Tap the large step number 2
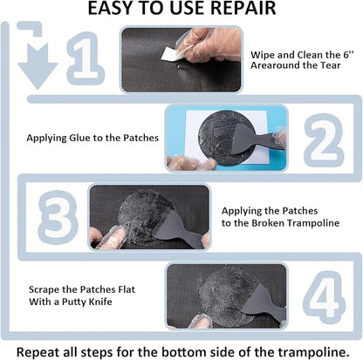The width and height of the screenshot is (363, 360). (x=318, y=137)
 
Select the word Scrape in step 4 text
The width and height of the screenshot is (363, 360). (x=43, y=289)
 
